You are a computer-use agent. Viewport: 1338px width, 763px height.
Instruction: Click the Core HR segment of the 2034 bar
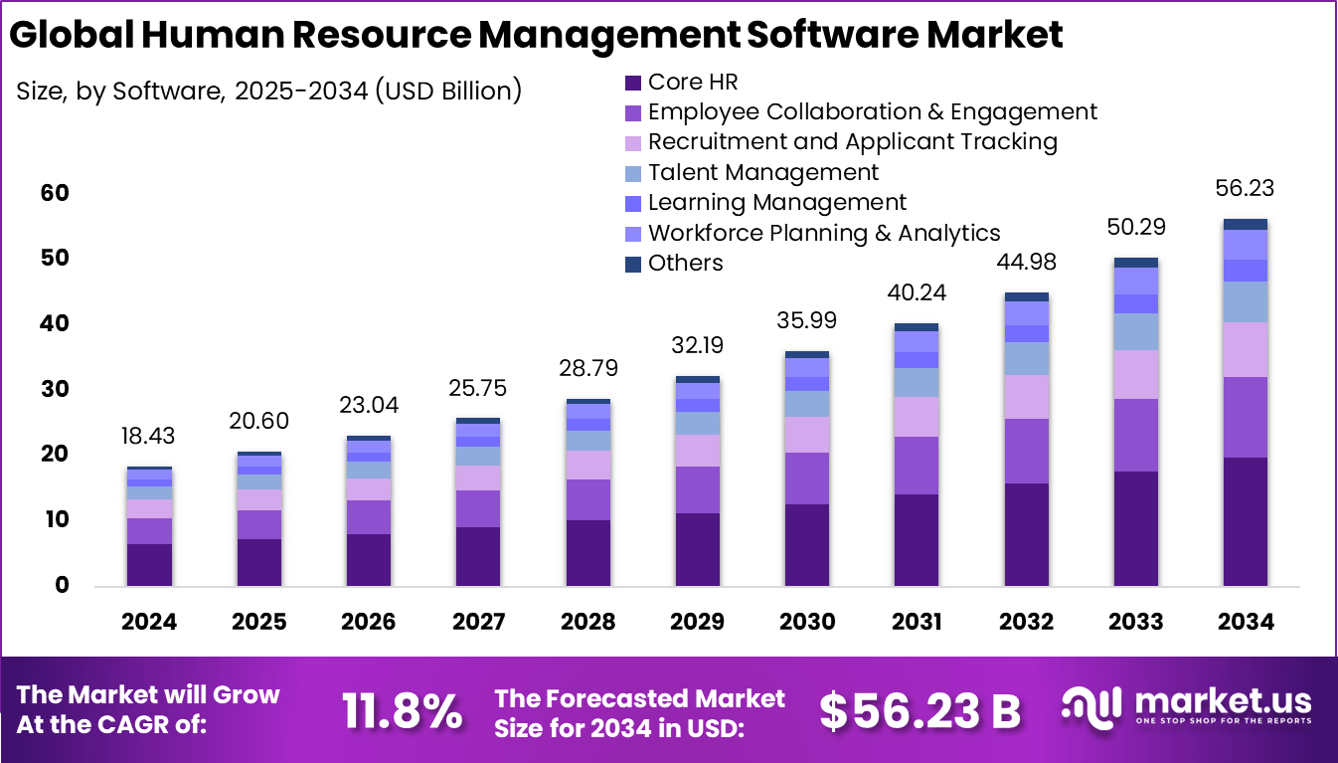(x=1246, y=521)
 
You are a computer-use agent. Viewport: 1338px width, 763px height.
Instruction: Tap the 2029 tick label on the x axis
(x=697, y=622)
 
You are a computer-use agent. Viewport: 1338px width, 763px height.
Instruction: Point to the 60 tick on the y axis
(x=56, y=192)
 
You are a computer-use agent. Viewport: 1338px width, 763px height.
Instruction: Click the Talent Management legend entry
(x=762, y=172)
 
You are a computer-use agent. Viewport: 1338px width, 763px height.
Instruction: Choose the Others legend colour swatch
(x=633, y=264)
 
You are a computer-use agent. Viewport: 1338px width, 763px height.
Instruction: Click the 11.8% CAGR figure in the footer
(x=403, y=710)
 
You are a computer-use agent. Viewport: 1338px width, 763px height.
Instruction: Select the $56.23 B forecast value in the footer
(x=920, y=710)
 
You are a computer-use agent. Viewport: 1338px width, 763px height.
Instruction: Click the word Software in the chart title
(x=828, y=34)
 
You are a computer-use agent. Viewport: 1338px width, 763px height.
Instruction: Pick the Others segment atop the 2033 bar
(x=1135, y=263)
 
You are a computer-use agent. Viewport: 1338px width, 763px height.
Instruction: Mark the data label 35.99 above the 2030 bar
(x=807, y=320)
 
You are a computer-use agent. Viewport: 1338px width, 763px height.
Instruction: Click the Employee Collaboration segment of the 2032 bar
(x=1026, y=451)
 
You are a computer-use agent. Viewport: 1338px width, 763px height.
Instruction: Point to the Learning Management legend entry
(x=776, y=203)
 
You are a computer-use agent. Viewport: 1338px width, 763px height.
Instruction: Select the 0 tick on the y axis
(x=62, y=585)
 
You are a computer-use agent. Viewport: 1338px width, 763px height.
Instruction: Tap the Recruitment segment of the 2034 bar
(x=1246, y=349)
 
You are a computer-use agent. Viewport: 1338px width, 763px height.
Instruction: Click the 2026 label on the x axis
(x=368, y=622)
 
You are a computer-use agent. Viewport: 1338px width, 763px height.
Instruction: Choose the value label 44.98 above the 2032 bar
(x=1027, y=263)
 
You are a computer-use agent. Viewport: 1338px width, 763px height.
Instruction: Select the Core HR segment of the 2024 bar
(x=149, y=564)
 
